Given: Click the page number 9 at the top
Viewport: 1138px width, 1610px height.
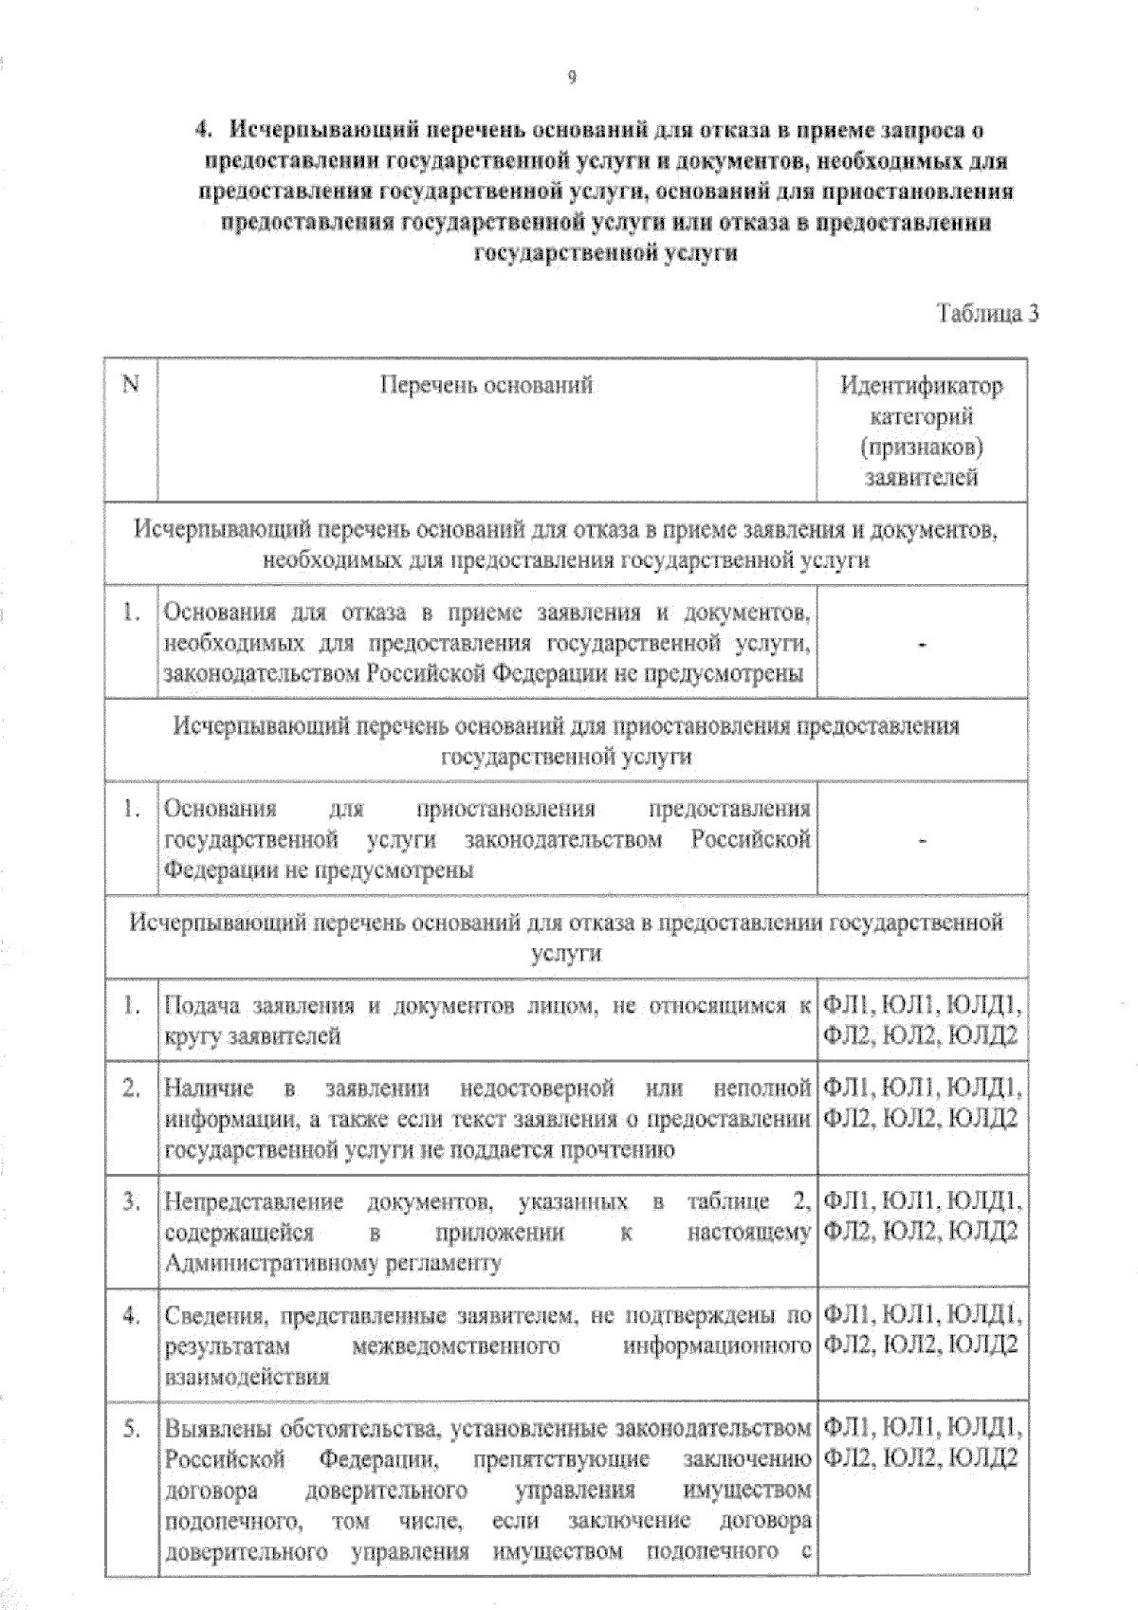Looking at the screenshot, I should [571, 78].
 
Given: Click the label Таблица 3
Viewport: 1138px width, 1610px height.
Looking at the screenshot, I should [987, 314].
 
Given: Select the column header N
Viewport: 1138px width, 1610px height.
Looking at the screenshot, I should [131, 384].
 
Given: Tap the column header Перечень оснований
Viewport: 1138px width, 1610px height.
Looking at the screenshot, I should [486, 385].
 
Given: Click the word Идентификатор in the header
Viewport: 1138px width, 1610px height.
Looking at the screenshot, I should [921, 386].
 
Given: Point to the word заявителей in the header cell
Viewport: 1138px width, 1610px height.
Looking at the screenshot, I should [921, 477].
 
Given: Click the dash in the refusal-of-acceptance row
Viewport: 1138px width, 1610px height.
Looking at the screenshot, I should [922, 645].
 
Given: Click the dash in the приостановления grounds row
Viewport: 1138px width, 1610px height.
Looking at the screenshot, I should [922, 840].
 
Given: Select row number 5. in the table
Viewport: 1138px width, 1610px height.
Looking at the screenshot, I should [132, 1428].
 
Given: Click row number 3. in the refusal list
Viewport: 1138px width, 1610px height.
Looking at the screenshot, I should [132, 1202].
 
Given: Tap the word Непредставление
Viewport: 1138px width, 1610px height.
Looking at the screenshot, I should [253, 1202].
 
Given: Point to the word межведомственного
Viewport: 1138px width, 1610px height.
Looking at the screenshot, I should [455, 1345].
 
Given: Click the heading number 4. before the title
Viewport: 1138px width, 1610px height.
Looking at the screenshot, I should [201, 131].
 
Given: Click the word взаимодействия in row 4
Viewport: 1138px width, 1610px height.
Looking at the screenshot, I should [247, 1377].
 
